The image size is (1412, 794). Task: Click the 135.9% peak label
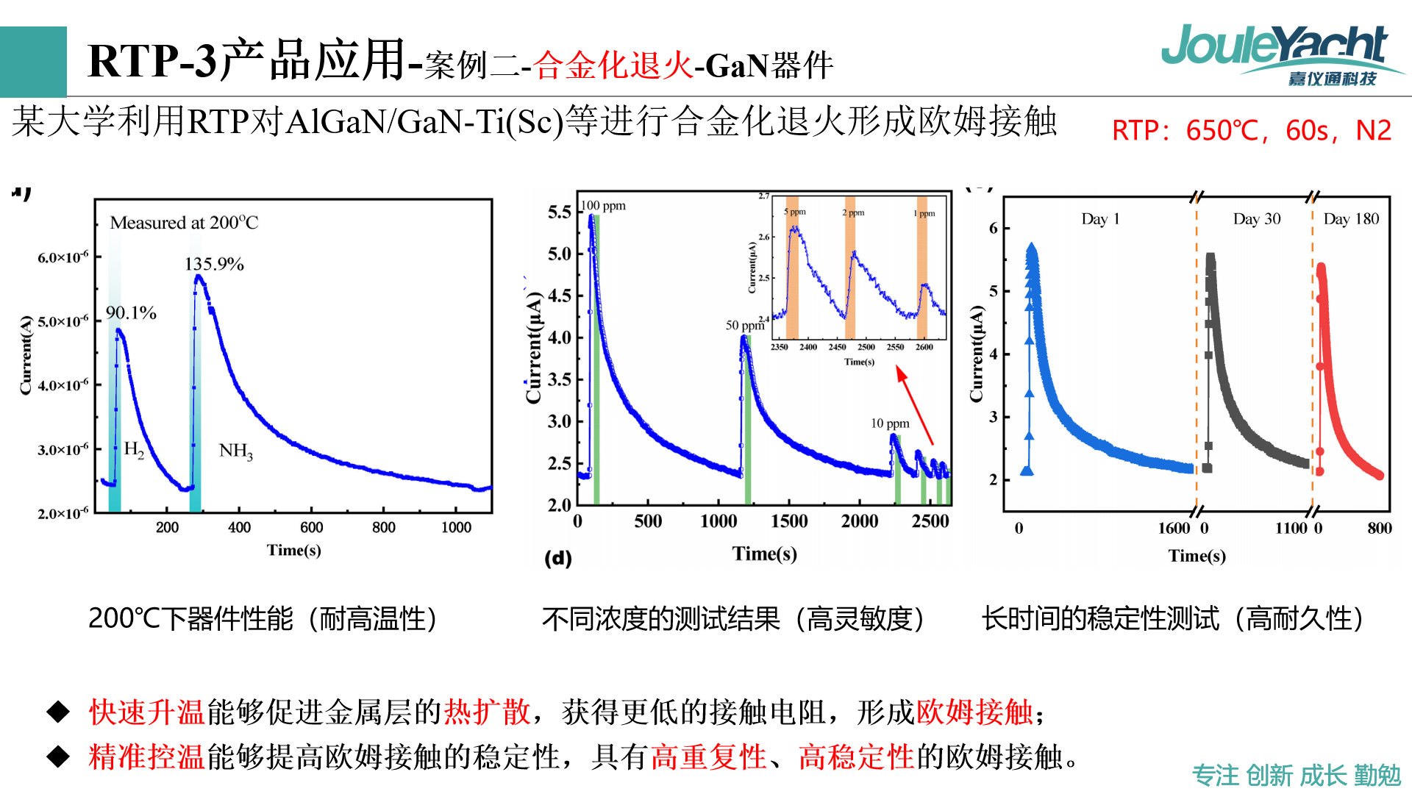[214, 264]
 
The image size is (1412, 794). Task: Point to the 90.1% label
[131, 313]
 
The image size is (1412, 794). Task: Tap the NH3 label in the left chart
[236, 451]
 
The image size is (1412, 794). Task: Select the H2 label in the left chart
[134, 448]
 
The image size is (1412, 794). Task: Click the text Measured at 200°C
[184, 223]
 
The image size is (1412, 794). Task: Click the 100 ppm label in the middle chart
[604, 206]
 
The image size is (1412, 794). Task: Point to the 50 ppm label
[744, 325]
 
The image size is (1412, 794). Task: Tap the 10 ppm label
[890, 423]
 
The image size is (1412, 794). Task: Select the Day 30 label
[1256, 219]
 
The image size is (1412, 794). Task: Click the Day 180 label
[1351, 219]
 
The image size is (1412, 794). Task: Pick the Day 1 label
[1100, 219]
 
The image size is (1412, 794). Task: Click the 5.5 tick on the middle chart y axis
[559, 212]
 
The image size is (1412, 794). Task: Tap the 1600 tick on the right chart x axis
[1174, 528]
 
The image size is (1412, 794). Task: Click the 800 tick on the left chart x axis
[383, 527]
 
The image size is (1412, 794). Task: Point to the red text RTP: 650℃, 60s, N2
[1251, 131]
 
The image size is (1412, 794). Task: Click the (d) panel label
[558, 558]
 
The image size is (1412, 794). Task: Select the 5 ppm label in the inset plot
[794, 212]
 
